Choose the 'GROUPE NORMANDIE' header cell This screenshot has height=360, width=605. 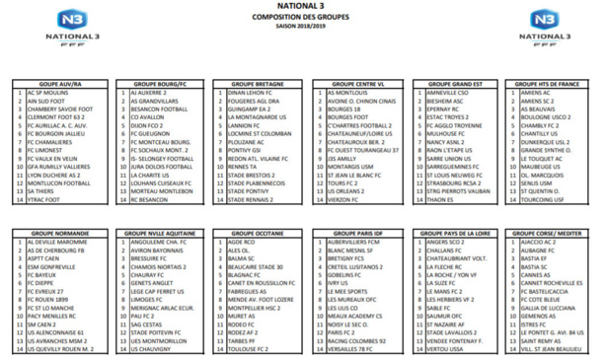click(x=61, y=234)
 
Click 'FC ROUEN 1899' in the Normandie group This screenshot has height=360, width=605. click(x=51, y=299)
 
